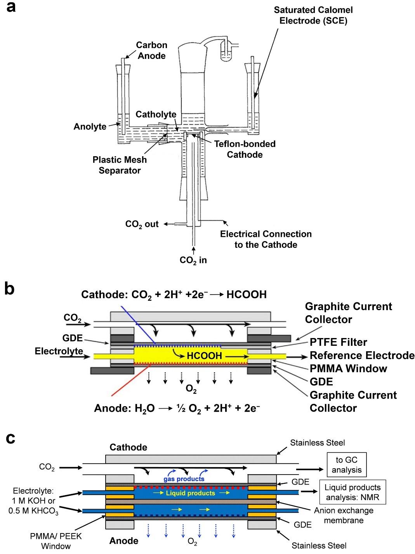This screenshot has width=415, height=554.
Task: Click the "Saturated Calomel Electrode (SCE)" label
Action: [313, 15]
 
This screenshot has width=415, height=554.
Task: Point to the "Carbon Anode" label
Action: [151, 50]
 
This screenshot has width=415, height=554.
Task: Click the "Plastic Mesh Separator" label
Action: [120, 165]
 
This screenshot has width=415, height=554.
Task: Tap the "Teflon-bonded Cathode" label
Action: [245, 149]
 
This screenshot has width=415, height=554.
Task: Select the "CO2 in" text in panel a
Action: [193, 260]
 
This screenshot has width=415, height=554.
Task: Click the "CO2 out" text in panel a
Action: [142, 224]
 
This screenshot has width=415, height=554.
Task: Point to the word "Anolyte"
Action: [90, 126]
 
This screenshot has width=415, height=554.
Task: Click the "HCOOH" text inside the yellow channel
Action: [204, 356]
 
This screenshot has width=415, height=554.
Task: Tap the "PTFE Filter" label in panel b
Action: [338, 342]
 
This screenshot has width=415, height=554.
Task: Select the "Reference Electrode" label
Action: [362, 356]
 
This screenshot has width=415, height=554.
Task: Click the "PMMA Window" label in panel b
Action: [348, 368]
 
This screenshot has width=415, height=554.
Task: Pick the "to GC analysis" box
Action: [346, 465]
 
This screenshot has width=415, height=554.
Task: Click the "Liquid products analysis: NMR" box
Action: [352, 492]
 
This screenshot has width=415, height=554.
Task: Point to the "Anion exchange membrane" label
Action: [344, 515]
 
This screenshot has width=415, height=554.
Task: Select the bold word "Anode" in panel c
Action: [124, 540]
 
